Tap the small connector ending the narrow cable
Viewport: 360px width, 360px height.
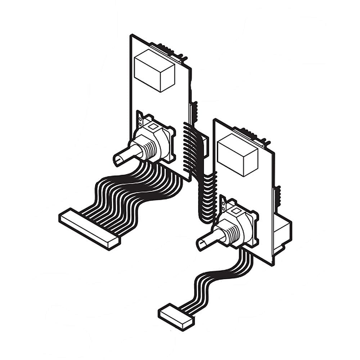[x=176, y=316]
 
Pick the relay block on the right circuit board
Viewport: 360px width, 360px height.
[x=238, y=154]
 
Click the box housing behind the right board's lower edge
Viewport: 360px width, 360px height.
[x=283, y=234]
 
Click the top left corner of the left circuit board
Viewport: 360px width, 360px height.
[x=131, y=35]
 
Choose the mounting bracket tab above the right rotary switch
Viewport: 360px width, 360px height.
[x=223, y=203]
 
